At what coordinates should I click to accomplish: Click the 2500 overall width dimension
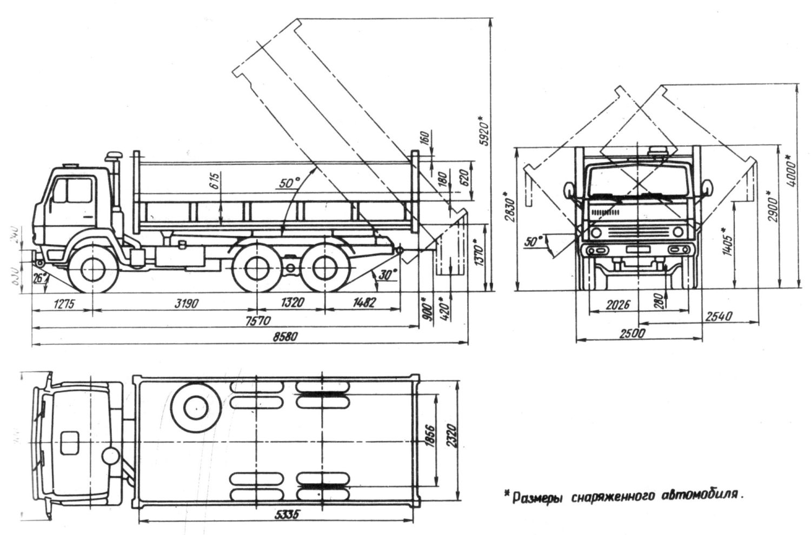coord(632,333)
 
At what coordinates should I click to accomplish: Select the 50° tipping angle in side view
coord(290,183)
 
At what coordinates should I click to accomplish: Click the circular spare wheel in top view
coord(194,408)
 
